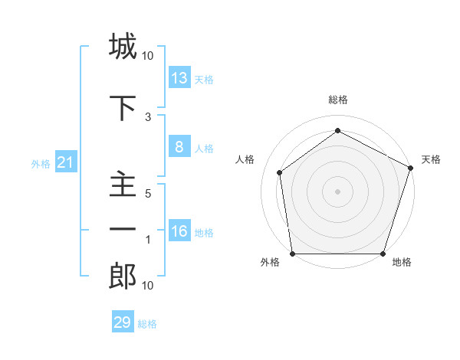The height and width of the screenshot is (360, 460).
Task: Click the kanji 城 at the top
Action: [x=123, y=47]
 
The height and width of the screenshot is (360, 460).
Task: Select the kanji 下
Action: [x=123, y=108]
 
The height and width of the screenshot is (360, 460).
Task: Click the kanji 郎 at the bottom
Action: [x=123, y=277]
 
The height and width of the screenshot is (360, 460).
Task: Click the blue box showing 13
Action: [x=179, y=78]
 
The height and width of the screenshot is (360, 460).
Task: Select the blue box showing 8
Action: [x=179, y=148]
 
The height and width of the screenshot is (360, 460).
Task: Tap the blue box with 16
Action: [x=179, y=232]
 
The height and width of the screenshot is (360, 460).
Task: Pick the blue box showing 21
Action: [x=66, y=163]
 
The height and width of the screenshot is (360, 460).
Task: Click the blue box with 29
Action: [x=123, y=322]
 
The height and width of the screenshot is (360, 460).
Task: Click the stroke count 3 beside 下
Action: [x=148, y=116]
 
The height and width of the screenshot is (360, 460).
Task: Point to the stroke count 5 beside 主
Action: [x=148, y=194]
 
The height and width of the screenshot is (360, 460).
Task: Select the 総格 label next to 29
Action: [x=147, y=324]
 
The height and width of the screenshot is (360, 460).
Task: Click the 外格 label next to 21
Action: [x=41, y=164]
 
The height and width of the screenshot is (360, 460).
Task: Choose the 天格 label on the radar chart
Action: [x=431, y=159]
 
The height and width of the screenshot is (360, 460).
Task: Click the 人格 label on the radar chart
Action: [x=245, y=159]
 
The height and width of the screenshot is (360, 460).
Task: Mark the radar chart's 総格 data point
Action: [x=337, y=131]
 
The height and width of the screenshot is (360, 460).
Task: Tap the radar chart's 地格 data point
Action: [x=383, y=254]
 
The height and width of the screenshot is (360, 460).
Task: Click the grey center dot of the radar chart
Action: [x=337, y=191]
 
